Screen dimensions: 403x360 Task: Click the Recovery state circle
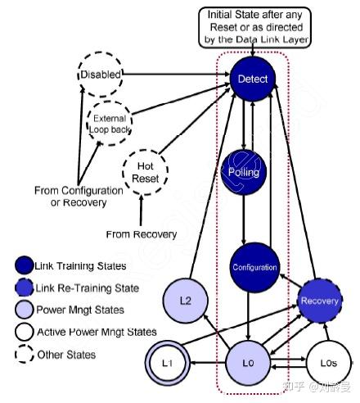click(318, 301)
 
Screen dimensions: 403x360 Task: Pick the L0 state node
click(252, 361)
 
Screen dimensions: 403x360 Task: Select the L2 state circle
click(185, 301)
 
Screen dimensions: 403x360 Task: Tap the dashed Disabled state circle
click(100, 75)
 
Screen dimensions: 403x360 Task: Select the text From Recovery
click(142, 234)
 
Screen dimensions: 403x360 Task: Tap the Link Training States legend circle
click(24, 265)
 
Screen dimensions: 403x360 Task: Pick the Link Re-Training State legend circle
click(24, 288)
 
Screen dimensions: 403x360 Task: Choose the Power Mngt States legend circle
click(24, 310)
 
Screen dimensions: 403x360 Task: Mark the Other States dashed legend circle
click(24, 355)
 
